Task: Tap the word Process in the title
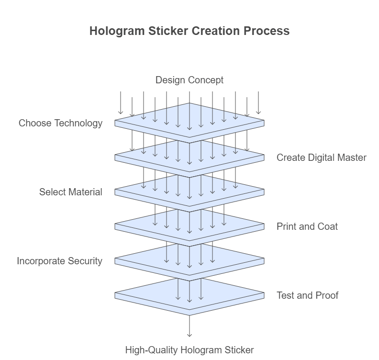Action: [x=266, y=31]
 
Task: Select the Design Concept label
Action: [x=189, y=80]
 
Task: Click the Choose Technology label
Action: [x=60, y=123]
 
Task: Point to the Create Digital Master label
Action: [x=322, y=157]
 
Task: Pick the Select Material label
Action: [x=70, y=192]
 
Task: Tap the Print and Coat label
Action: [x=307, y=226]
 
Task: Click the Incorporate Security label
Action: [x=59, y=261]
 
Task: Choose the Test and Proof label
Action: [x=307, y=295]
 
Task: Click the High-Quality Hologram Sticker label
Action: [x=189, y=349]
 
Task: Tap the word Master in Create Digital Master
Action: [x=351, y=157]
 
